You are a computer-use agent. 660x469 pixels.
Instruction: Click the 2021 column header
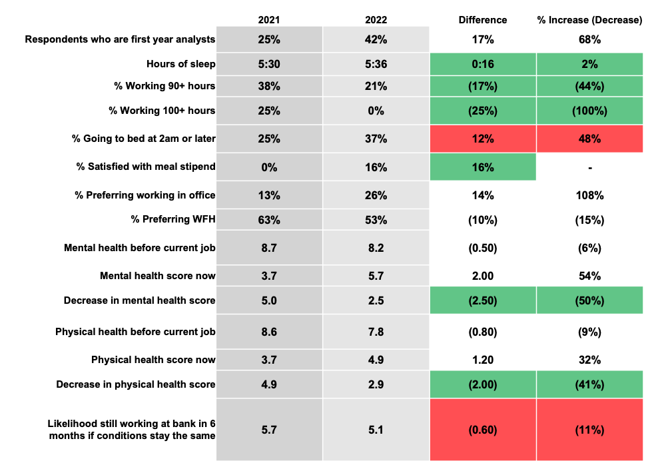(x=269, y=20)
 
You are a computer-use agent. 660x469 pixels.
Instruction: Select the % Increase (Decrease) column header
(x=589, y=20)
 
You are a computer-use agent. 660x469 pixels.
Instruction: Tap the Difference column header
(x=483, y=20)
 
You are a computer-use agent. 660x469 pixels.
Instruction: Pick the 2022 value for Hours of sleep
(x=376, y=64)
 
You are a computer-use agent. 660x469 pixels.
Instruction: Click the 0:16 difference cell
(x=483, y=64)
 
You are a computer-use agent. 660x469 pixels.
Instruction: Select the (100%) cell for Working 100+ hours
(x=589, y=110)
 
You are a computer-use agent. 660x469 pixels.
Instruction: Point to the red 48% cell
(x=589, y=139)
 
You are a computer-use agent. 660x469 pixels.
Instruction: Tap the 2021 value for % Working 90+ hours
(x=269, y=86)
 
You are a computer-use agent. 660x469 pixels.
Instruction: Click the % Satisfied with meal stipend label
(x=146, y=167)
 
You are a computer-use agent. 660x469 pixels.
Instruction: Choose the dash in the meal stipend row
(x=589, y=167)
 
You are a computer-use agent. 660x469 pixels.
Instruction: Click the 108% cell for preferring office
(x=589, y=195)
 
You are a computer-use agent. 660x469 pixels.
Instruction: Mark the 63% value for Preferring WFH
(x=269, y=220)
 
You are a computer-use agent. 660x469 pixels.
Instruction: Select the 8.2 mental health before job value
(x=376, y=248)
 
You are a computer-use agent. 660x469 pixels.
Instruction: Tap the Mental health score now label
(x=157, y=275)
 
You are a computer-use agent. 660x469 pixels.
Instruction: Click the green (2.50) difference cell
(x=483, y=300)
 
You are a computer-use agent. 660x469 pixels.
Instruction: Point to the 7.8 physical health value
(x=376, y=332)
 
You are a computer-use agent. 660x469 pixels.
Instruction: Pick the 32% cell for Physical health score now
(x=589, y=360)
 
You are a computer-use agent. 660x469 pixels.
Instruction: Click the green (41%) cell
(x=589, y=384)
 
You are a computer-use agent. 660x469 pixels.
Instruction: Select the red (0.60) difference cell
(x=483, y=430)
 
